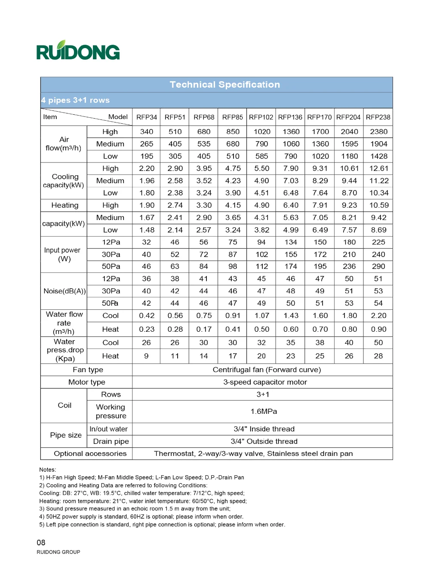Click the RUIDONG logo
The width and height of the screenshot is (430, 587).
pyautogui.click(x=78, y=51)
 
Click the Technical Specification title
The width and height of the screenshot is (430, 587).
pyautogui.click(x=224, y=85)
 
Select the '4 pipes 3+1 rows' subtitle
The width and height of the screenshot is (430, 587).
pyautogui.click(x=76, y=100)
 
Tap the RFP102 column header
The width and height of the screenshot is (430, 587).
pyautogui.click(x=261, y=117)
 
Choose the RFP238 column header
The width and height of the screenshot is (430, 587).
pyautogui.click(x=378, y=117)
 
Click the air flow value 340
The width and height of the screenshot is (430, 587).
pyautogui.click(x=147, y=131)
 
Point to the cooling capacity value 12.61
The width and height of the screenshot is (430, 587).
pyautogui.click(x=378, y=168)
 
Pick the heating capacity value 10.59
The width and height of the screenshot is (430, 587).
pyautogui.click(x=378, y=205)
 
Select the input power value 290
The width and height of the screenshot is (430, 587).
pyautogui.click(x=378, y=266)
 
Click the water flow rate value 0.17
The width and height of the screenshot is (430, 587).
pyautogui.click(x=204, y=329)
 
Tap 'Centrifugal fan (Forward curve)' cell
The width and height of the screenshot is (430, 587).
pyautogui.click(x=267, y=370)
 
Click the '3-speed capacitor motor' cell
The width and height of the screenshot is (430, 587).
pyautogui.click(x=265, y=382)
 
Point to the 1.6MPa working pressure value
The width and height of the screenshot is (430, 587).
pyautogui.click(x=264, y=411)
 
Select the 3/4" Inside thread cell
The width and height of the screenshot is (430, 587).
pyautogui.click(x=264, y=429)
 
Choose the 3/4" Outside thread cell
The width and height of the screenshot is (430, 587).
pyautogui.click(x=264, y=441)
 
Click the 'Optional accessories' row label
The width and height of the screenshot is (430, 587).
pyautogui.click(x=90, y=453)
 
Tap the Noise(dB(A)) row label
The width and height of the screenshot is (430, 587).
pyautogui.click(x=64, y=291)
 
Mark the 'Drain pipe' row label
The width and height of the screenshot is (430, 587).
pyautogui.click(x=111, y=441)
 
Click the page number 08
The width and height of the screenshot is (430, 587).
pyautogui.click(x=41, y=542)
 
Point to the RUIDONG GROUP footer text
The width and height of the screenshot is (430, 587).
pyautogui.click(x=58, y=552)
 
